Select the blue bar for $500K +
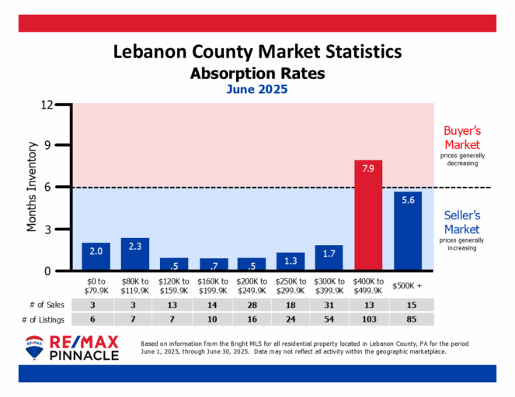point(409,231)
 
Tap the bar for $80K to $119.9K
point(135,254)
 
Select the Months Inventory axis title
point(33,186)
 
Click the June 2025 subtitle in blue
point(257,89)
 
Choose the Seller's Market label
point(461,223)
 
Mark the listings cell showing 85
point(409,319)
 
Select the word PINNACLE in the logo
point(84,356)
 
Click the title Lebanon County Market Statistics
point(257,53)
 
